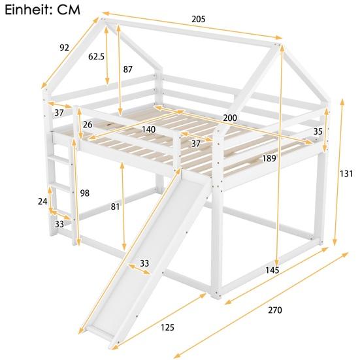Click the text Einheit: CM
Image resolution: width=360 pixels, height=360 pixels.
(42, 9)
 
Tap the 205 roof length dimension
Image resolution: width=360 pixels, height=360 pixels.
(198, 19)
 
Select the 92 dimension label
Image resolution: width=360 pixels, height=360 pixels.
(64, 47)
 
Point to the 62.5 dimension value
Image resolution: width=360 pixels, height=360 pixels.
(97, 57)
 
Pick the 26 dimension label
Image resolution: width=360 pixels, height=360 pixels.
(88, 125)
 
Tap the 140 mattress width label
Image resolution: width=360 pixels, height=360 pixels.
(148, 129)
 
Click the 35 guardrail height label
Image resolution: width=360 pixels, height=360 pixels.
(318, 132)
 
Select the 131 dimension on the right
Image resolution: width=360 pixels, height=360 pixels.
(346, 174)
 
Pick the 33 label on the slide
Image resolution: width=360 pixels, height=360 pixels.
(144, 263)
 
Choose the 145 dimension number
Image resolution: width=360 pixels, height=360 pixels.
(272, 270)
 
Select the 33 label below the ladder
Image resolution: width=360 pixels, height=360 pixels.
(59, 224)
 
